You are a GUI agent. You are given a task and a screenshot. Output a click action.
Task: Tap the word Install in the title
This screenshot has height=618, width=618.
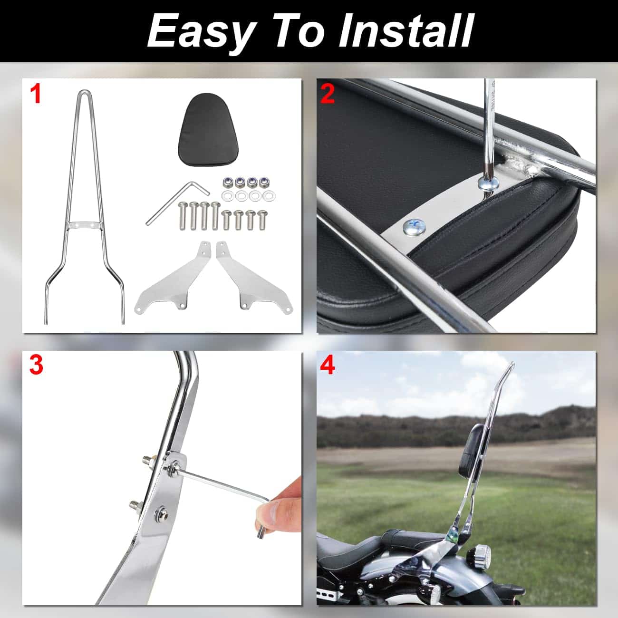coord(405,31)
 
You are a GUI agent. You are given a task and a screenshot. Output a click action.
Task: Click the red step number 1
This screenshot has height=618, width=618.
coord(35,95)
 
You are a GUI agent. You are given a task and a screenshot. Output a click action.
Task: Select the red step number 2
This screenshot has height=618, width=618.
coord(327,94)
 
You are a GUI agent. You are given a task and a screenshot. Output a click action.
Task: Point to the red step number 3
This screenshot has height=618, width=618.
coord(36,366)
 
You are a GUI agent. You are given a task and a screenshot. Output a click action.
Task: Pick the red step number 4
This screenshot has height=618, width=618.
coord(328,366)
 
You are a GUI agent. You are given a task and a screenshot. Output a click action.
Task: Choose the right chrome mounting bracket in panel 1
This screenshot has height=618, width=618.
coord(254,277)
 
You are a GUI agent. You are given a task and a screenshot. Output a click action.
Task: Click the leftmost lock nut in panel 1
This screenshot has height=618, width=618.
coord(226,182)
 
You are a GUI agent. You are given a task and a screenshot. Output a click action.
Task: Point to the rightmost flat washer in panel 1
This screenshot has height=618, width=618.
coord(269,195)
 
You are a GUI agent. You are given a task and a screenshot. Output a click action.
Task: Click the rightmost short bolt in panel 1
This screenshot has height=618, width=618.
coord(263,220)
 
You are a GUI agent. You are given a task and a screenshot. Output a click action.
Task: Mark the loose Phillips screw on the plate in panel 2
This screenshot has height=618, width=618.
coord(415,228)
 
